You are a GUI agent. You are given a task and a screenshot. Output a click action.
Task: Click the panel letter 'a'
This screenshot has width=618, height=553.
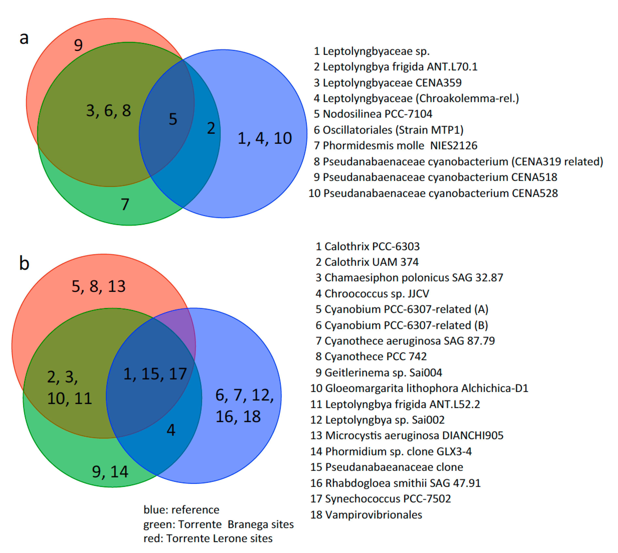point(24,39)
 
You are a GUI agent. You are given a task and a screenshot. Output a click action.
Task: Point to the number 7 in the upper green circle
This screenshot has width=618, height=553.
point(125,204)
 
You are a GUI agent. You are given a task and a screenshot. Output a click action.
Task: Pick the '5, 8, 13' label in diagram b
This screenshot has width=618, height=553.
point(99,286)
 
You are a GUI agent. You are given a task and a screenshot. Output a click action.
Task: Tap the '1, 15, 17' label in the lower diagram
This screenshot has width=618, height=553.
point(155,374)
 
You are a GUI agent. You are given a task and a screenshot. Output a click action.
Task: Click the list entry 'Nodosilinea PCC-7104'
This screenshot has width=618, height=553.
point(373,114)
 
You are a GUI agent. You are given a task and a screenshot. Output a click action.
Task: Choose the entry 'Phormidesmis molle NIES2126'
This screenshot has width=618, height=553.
point(396,146)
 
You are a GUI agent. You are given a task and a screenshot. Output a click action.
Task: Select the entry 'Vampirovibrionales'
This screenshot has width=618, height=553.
point(366,515)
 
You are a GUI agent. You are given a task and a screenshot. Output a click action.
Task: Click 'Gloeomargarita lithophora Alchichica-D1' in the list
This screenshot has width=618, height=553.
point(419,388)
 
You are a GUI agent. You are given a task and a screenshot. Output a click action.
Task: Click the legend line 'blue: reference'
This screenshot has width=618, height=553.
point(181,510)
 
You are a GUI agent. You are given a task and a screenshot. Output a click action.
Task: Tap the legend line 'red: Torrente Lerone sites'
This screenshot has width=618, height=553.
point(208,538)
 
